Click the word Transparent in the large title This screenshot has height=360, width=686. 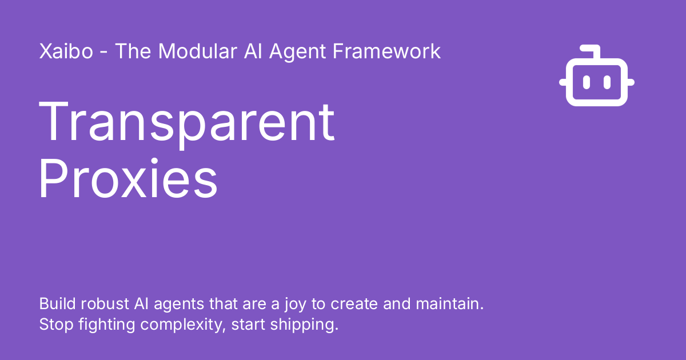click(186, 122)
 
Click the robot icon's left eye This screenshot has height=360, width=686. click(586, 83)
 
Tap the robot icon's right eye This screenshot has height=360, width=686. click(607, 83)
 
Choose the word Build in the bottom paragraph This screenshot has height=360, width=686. click(54, 303)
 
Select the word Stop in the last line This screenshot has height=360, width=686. click(53, 325)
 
